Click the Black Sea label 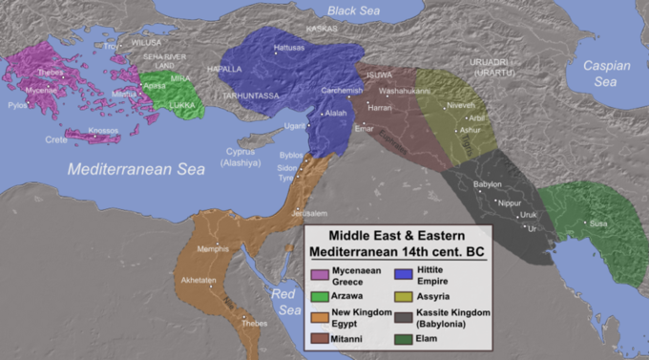[x=355, y=10]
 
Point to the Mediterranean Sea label [x=136, y=169]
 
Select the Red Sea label [x=287, y=302]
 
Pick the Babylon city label [x=488, y=183]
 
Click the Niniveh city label [x=459, y=104]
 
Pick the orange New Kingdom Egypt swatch [x=321, y=315]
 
